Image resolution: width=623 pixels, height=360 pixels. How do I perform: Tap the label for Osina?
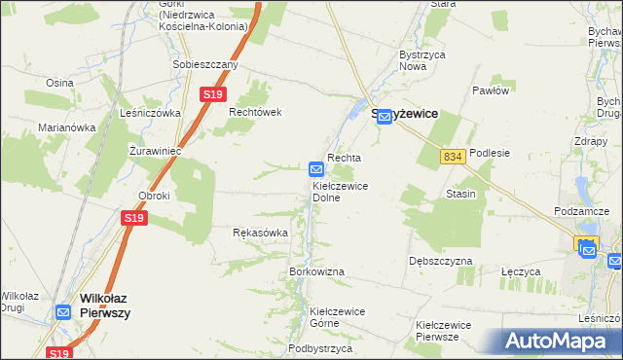58,83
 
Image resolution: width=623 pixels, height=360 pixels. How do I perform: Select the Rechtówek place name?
255,112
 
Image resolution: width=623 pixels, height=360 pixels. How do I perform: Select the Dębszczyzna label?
441,262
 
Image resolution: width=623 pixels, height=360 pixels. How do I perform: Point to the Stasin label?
460,194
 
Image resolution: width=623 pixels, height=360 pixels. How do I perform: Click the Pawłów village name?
491,90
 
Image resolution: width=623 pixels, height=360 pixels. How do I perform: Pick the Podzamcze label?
581,211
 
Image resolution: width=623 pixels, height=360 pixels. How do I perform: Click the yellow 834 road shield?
451,157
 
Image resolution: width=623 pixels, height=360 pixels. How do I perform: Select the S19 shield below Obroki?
134,220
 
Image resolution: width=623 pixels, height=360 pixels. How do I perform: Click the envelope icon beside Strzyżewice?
385,117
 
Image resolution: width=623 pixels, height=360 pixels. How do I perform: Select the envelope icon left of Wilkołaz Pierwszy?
63,312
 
